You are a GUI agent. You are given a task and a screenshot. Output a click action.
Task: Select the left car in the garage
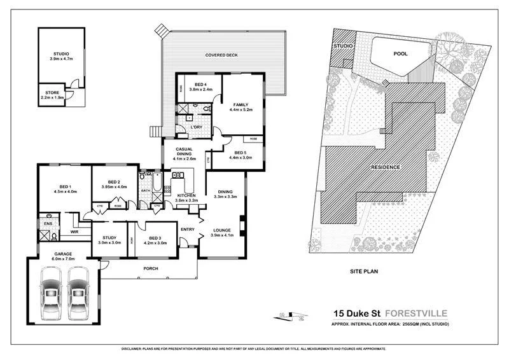pyautogui.click(x=51, y=294)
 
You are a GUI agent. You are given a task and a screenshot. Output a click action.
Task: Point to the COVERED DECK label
pyautogui.click(x=221, y=55)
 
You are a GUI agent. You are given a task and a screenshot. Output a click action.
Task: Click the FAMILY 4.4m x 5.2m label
pyautogui.click(x=241, y=107)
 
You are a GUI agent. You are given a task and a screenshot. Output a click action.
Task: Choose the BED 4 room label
pyautogui.click(x=200, y=87)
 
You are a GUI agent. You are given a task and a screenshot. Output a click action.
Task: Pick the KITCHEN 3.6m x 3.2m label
pyautogui.click(x=187, y=197)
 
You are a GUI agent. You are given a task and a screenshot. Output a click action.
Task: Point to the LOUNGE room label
pyautogui.click(x=222, y=232)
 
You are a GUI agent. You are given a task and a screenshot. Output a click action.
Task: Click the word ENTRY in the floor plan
pyautogui.click(x=188, y=229)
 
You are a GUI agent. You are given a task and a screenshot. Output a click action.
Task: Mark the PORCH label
pyautogui.click(x=150, y=268)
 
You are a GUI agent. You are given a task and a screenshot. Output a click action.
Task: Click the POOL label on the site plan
pyautogui.click(x=400, y=54)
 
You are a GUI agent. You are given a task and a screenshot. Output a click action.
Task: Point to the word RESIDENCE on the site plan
pyautogui.click(x=386, y=167)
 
